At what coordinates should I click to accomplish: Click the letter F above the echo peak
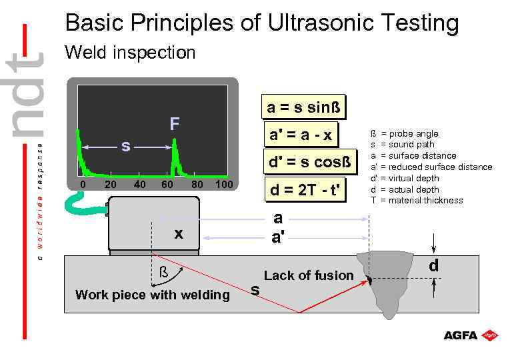click(174, 124)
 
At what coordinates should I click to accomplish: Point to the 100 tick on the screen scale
click(225, 184)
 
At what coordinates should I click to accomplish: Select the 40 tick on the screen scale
click(140, 184)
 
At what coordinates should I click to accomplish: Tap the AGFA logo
click(471, 335)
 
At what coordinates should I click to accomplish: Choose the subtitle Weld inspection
click(129, 53)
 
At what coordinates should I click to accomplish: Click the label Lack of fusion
click(309, 275)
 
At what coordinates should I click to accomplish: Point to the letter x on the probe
click(178, 233)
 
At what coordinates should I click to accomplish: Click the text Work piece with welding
click(152, 295)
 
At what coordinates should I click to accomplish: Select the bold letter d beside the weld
click(433, 266)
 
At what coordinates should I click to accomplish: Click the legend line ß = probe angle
click(404, 134)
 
